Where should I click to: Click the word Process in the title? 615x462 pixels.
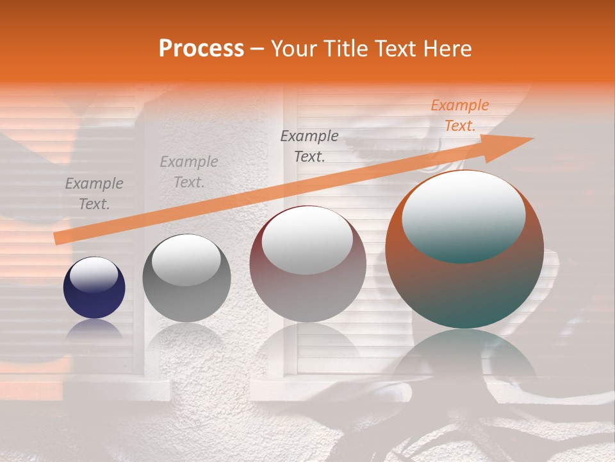201,49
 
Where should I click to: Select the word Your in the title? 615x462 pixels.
293,49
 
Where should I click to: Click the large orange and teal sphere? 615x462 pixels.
464,282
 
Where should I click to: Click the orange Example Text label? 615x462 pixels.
459,116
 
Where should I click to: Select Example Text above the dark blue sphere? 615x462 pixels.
94,194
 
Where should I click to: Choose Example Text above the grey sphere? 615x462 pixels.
188,172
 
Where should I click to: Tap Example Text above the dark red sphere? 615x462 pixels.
309,146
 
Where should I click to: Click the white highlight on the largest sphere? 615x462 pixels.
463,215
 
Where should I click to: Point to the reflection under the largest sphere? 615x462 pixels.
464,359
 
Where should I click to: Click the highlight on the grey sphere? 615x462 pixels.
186,260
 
